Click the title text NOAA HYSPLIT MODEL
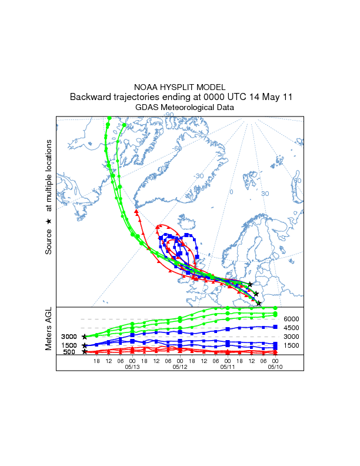pyautogui.click(x=179, y=87)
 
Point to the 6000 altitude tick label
pyautogui.click(x=292, y=319)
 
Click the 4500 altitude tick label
pyautogui.click(x=292, y=328)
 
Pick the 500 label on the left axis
pyautogui.click(x=69, y=352)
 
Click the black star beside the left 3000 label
pyautogui.click(x=85, y=337)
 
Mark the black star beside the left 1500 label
pyautogui.click(x=85, y=345)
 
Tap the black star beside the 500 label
pyautogui.click(x=85, y=352)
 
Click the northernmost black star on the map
pyautogui.click(x=250, y=284)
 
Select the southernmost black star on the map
pyautogui.click(x=259, y=303)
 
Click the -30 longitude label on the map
pyautogui.click(x=199, y=176)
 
